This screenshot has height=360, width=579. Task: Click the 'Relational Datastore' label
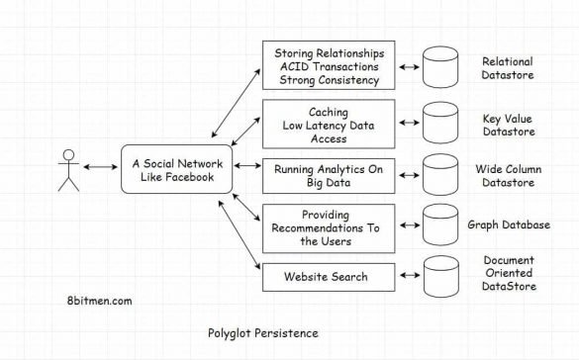[x=516, y=67]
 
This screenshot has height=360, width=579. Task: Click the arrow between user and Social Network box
[x=100, y=168]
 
